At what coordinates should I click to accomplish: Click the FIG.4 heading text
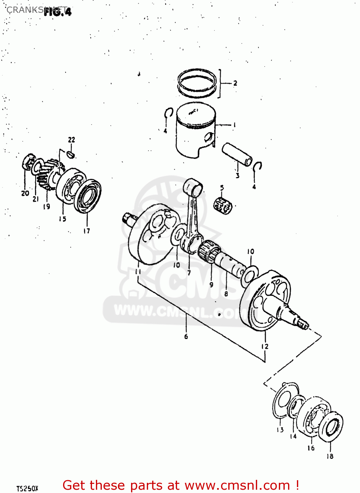coord(57,12)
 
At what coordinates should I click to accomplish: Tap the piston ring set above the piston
coord(197,83)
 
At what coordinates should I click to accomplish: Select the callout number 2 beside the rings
coord(235,83)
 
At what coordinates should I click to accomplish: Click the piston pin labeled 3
coord(237,154)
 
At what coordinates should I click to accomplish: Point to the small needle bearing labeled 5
coord(223,206)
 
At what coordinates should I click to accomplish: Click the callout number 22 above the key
coord(72,140)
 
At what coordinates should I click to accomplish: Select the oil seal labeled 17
coord(88,196)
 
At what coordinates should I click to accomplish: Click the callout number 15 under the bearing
coord(62,219)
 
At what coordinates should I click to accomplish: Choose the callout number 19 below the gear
coord(47,206)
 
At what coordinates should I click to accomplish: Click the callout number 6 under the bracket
coord(186,337)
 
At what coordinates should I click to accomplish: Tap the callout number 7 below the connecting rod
coord(189,273)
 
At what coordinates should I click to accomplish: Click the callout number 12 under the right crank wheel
coord(265,346)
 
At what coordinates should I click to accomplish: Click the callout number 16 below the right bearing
coord(311,448)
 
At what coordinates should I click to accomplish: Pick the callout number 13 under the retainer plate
coord(280,430)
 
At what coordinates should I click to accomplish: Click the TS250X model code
coord(27,489)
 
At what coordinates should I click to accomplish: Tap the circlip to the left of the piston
coord(169,113)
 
